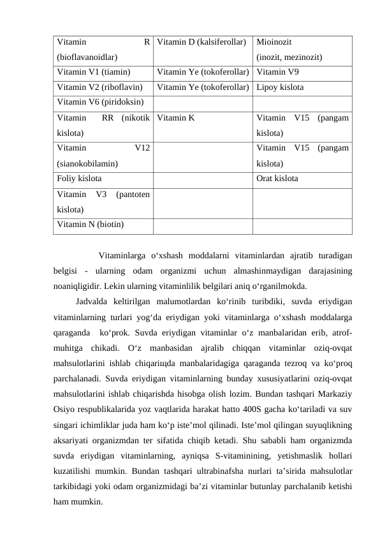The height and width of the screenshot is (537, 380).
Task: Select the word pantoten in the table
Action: (133, 195)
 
